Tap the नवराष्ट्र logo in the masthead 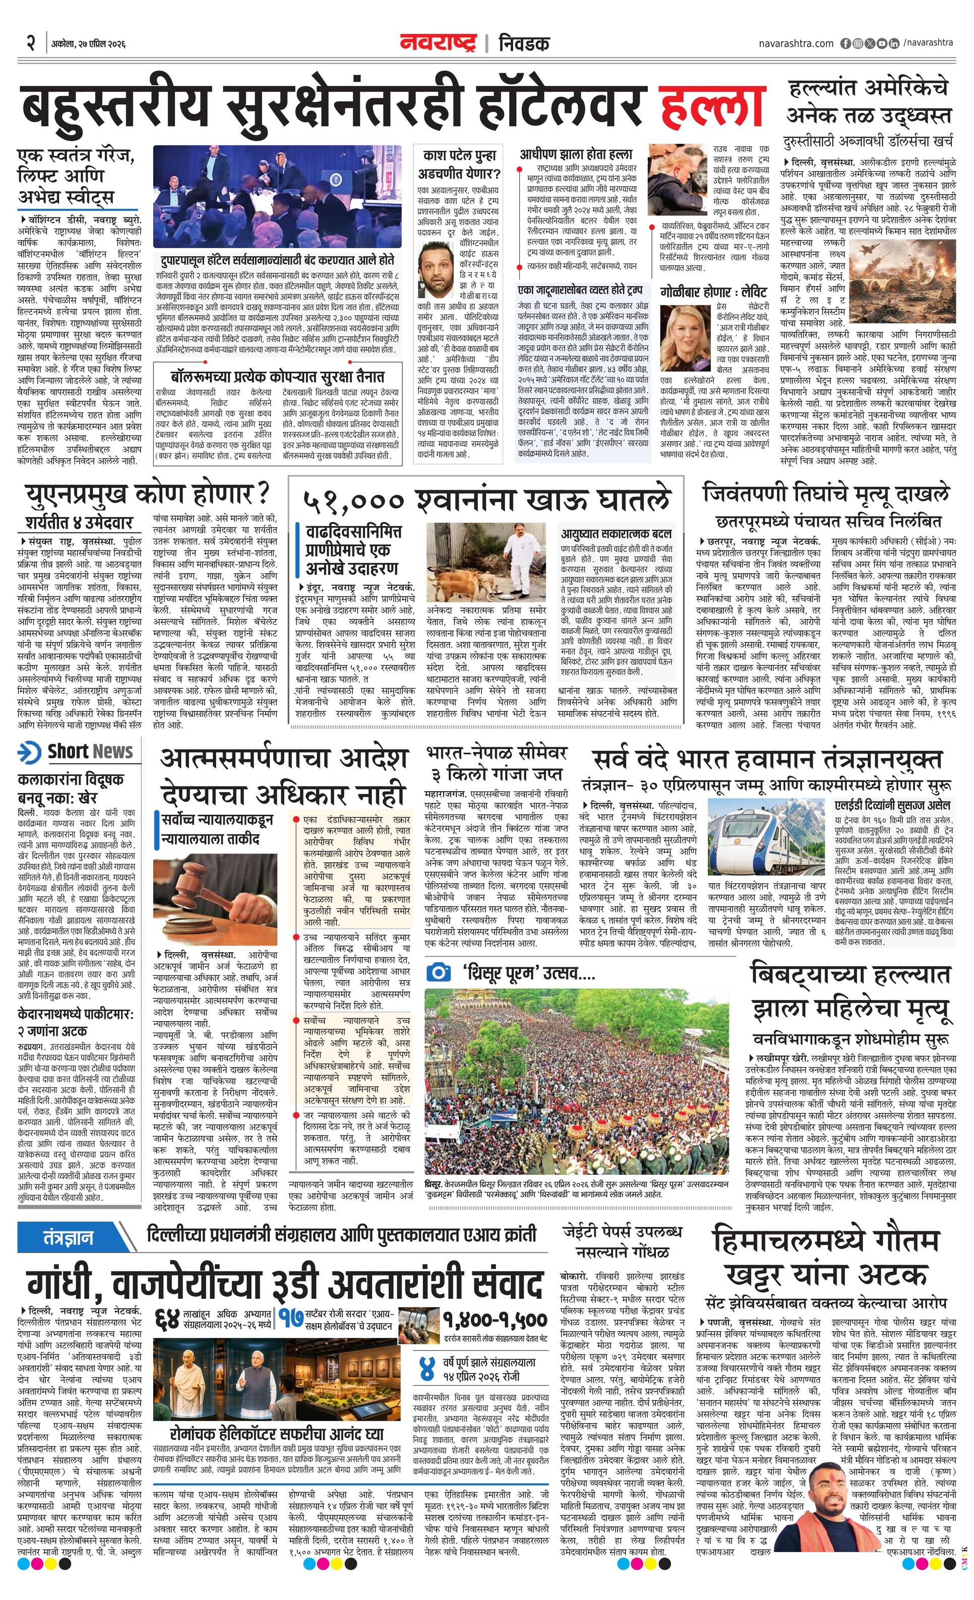(x=438, y=43)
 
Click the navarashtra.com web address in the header (x=796, y=43)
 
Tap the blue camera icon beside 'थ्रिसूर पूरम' (x=439, y=972)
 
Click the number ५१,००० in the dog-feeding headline (x=353, y=501)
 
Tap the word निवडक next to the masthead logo (x=523, y=43)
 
